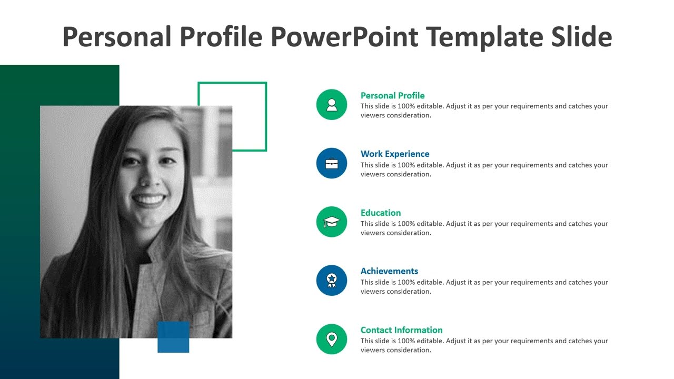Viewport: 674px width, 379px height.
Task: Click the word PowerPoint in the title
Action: (x=344, y=37)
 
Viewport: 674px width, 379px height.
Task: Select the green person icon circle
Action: (x=332, y=105)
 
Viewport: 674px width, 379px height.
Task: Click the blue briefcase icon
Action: (x=332, y=163)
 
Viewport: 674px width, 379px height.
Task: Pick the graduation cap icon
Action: (x=332, y=222)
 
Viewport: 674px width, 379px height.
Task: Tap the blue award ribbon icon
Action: (x=332, y=280)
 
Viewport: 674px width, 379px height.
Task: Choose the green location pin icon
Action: (x=332, y=339)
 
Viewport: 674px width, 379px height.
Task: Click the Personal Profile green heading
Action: (x=392, y=95)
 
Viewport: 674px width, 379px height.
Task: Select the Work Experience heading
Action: (x=395, y=154)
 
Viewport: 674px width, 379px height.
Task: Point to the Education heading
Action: (x=381, y=213)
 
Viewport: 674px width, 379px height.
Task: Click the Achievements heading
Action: (x=389, y=271)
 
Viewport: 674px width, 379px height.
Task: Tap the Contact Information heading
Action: (x=401, y=330)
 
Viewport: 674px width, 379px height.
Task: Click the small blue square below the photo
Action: (x=173, y=337)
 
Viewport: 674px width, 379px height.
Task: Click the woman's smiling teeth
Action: (x=149, y=200)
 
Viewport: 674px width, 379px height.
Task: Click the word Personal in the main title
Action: (x=117, y=37)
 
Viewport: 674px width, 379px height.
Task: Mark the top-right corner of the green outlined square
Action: (x=266, y=83)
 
